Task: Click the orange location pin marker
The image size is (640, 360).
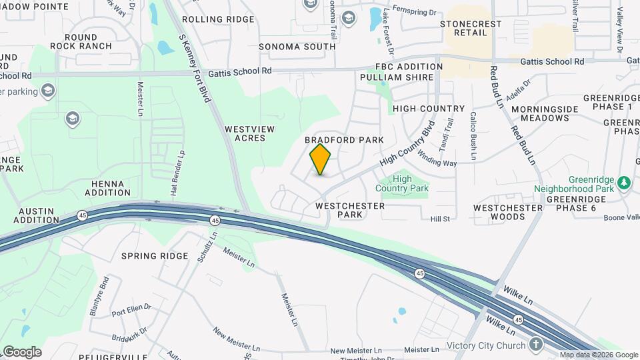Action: (x=320, y=159)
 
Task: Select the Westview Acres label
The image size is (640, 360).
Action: (x=245, y=133)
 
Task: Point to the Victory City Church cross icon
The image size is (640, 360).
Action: (x=536, y=344)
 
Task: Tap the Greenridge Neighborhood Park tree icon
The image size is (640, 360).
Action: (x=623, y=181)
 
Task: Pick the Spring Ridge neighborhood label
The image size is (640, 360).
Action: (x=155, y=256)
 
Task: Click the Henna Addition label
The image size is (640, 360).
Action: (x=107, y=187)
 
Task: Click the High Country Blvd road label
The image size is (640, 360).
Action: (x=407, y=143)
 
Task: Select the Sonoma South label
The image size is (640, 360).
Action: (x=297, y=47)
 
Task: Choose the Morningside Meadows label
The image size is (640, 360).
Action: (x=541, y=113)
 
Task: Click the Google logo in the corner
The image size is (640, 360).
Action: (x=21, y=351)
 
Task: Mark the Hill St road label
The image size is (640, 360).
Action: (x=441, y=219)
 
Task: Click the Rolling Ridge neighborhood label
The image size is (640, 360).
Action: (x=218, y=19)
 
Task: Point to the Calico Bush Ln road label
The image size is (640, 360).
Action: (x=473, y=137)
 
